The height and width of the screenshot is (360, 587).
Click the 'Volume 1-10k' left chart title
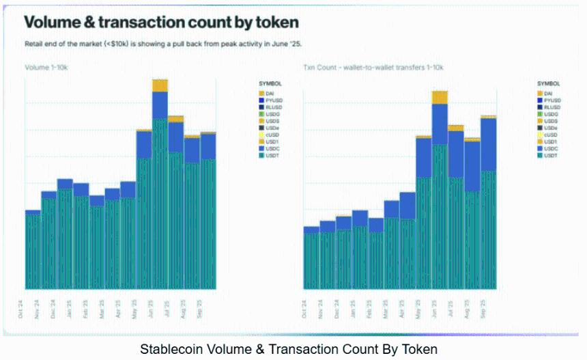point(46,68)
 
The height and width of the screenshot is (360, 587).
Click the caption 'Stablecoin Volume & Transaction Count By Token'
point(288,349)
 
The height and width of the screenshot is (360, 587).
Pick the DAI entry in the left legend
point(270,93)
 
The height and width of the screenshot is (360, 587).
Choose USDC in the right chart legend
point(552,148)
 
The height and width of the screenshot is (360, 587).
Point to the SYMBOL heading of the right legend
point(547,83)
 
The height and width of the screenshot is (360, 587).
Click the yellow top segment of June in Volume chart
point(160,85)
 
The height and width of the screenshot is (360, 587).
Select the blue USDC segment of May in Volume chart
point(144,144)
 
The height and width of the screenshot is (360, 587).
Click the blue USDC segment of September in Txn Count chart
point(488,144)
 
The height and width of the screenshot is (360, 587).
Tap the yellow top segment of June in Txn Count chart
point(440,97)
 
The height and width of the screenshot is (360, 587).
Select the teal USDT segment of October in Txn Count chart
point(311,260)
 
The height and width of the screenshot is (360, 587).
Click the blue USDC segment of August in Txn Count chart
point(472,166)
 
